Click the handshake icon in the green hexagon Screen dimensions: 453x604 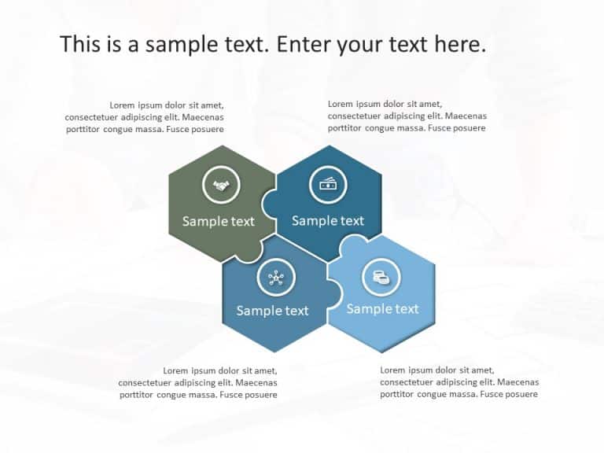[x=221, y=186]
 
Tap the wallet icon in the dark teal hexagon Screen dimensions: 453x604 [x=328, y=185]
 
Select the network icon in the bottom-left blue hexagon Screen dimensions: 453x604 [x=275, y=277]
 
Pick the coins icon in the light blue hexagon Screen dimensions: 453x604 [x=381, y=277]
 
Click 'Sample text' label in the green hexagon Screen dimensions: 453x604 [x=219, y=221]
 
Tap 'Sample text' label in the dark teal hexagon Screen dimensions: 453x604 [x=328, y=220]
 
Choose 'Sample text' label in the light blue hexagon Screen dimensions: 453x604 [x=382, y=308]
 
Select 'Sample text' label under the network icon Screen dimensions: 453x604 [x=272, y=311]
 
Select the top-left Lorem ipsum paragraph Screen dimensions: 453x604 [x=145, y=117]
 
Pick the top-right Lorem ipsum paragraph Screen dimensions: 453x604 [x=407, y=116]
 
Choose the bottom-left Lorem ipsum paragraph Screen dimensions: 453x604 [x=198, y=382]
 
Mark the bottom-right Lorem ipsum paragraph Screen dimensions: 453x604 [x=459, y=382]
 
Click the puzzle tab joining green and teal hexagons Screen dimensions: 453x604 [x=267, y=203]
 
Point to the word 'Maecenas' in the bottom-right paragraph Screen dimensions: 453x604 [x=519, y=382]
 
